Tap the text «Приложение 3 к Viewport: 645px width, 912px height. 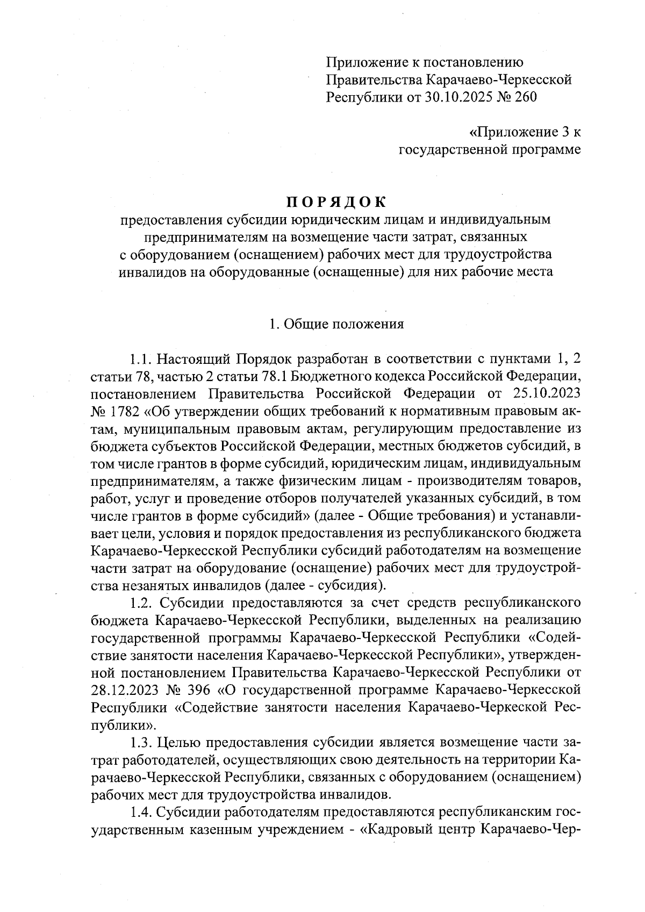click(525, 132)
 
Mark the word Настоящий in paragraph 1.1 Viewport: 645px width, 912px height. click(195, 358)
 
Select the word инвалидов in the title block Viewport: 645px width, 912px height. click(152, 272)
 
